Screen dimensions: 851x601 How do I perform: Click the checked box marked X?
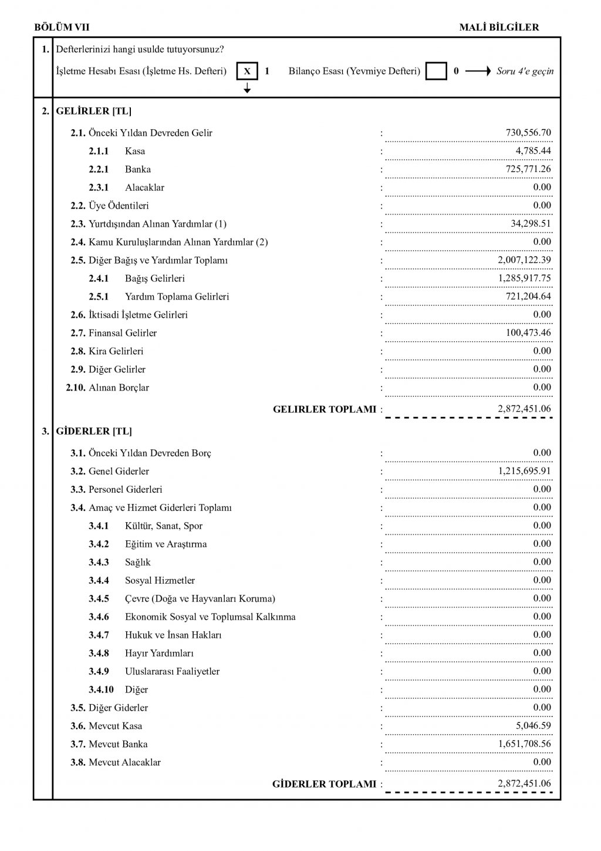[247, 72]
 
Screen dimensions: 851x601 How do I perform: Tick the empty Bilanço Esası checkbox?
[436, 72]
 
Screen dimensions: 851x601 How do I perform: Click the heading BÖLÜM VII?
[62, 27]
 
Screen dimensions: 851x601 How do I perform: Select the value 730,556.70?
[528, 133]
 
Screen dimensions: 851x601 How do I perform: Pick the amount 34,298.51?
[531, 224]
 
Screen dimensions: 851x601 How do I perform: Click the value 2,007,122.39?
[524, 260]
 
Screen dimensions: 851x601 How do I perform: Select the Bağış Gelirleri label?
[154, 278]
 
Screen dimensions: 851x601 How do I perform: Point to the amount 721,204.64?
[528, 297]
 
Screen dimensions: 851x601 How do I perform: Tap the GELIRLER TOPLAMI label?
[324, 409]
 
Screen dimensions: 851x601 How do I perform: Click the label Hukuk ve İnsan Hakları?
[173, 635]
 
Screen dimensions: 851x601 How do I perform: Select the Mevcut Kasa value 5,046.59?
[533, 726]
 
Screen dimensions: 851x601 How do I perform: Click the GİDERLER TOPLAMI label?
[324, 784]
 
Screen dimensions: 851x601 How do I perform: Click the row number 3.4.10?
[101, 689]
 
